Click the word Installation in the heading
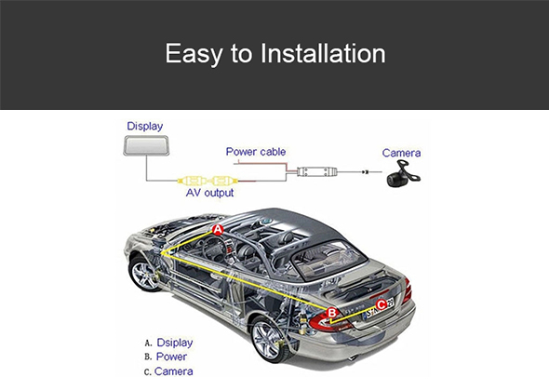coord(323,53)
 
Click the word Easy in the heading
coord(194,54)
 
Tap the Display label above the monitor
coord(145,126)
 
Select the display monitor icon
coord(146,146)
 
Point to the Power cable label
coord(256,152)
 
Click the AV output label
coord(209,193)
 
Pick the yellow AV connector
coord(208,182)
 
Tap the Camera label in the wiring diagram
coord(401,153)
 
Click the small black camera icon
coord(403,174)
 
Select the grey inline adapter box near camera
coord(316,171)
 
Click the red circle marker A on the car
coord(218,230)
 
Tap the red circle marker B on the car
coord(331,313)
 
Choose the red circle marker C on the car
coord(382,304)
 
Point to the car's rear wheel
coord(269,340)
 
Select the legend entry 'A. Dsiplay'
coord(168,343)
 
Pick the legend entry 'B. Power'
coord(166,357)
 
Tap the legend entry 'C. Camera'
coord(168,371)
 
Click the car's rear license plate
coord(379,308)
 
